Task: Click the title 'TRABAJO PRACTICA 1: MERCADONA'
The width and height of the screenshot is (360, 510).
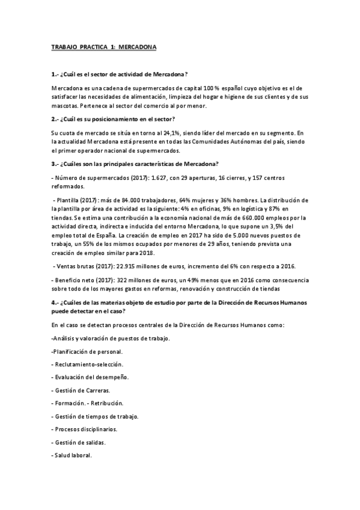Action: click(104, 46)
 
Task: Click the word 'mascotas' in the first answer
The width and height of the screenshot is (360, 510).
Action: click(65, 106)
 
